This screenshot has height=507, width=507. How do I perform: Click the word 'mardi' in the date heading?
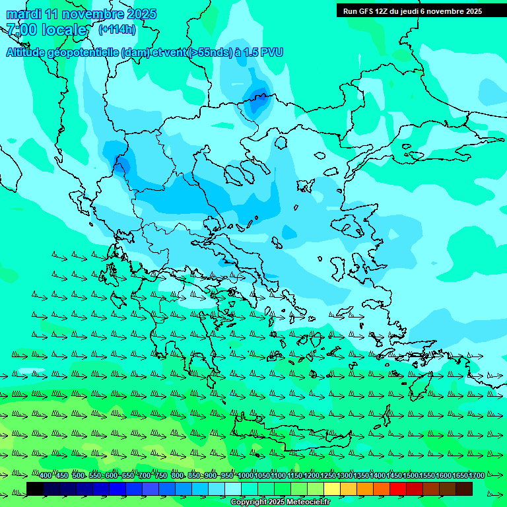coord(24,14)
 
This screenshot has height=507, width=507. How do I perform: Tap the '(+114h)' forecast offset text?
coord(117,29)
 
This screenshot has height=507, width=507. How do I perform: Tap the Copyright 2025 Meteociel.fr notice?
coord(279,502)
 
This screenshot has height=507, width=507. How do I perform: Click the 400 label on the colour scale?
coord(45,476)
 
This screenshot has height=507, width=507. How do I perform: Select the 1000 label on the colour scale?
coord(246,476)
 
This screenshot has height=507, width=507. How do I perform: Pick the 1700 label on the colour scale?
coord(476,476)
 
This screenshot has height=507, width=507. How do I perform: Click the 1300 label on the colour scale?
coord(345,476)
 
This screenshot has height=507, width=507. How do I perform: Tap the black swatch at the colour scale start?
coord(35,489)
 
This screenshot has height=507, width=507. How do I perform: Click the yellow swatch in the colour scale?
coord(332,489)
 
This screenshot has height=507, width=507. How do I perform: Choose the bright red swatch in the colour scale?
coord(398,489)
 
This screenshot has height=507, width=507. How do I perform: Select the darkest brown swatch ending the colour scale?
coord(464,489)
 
